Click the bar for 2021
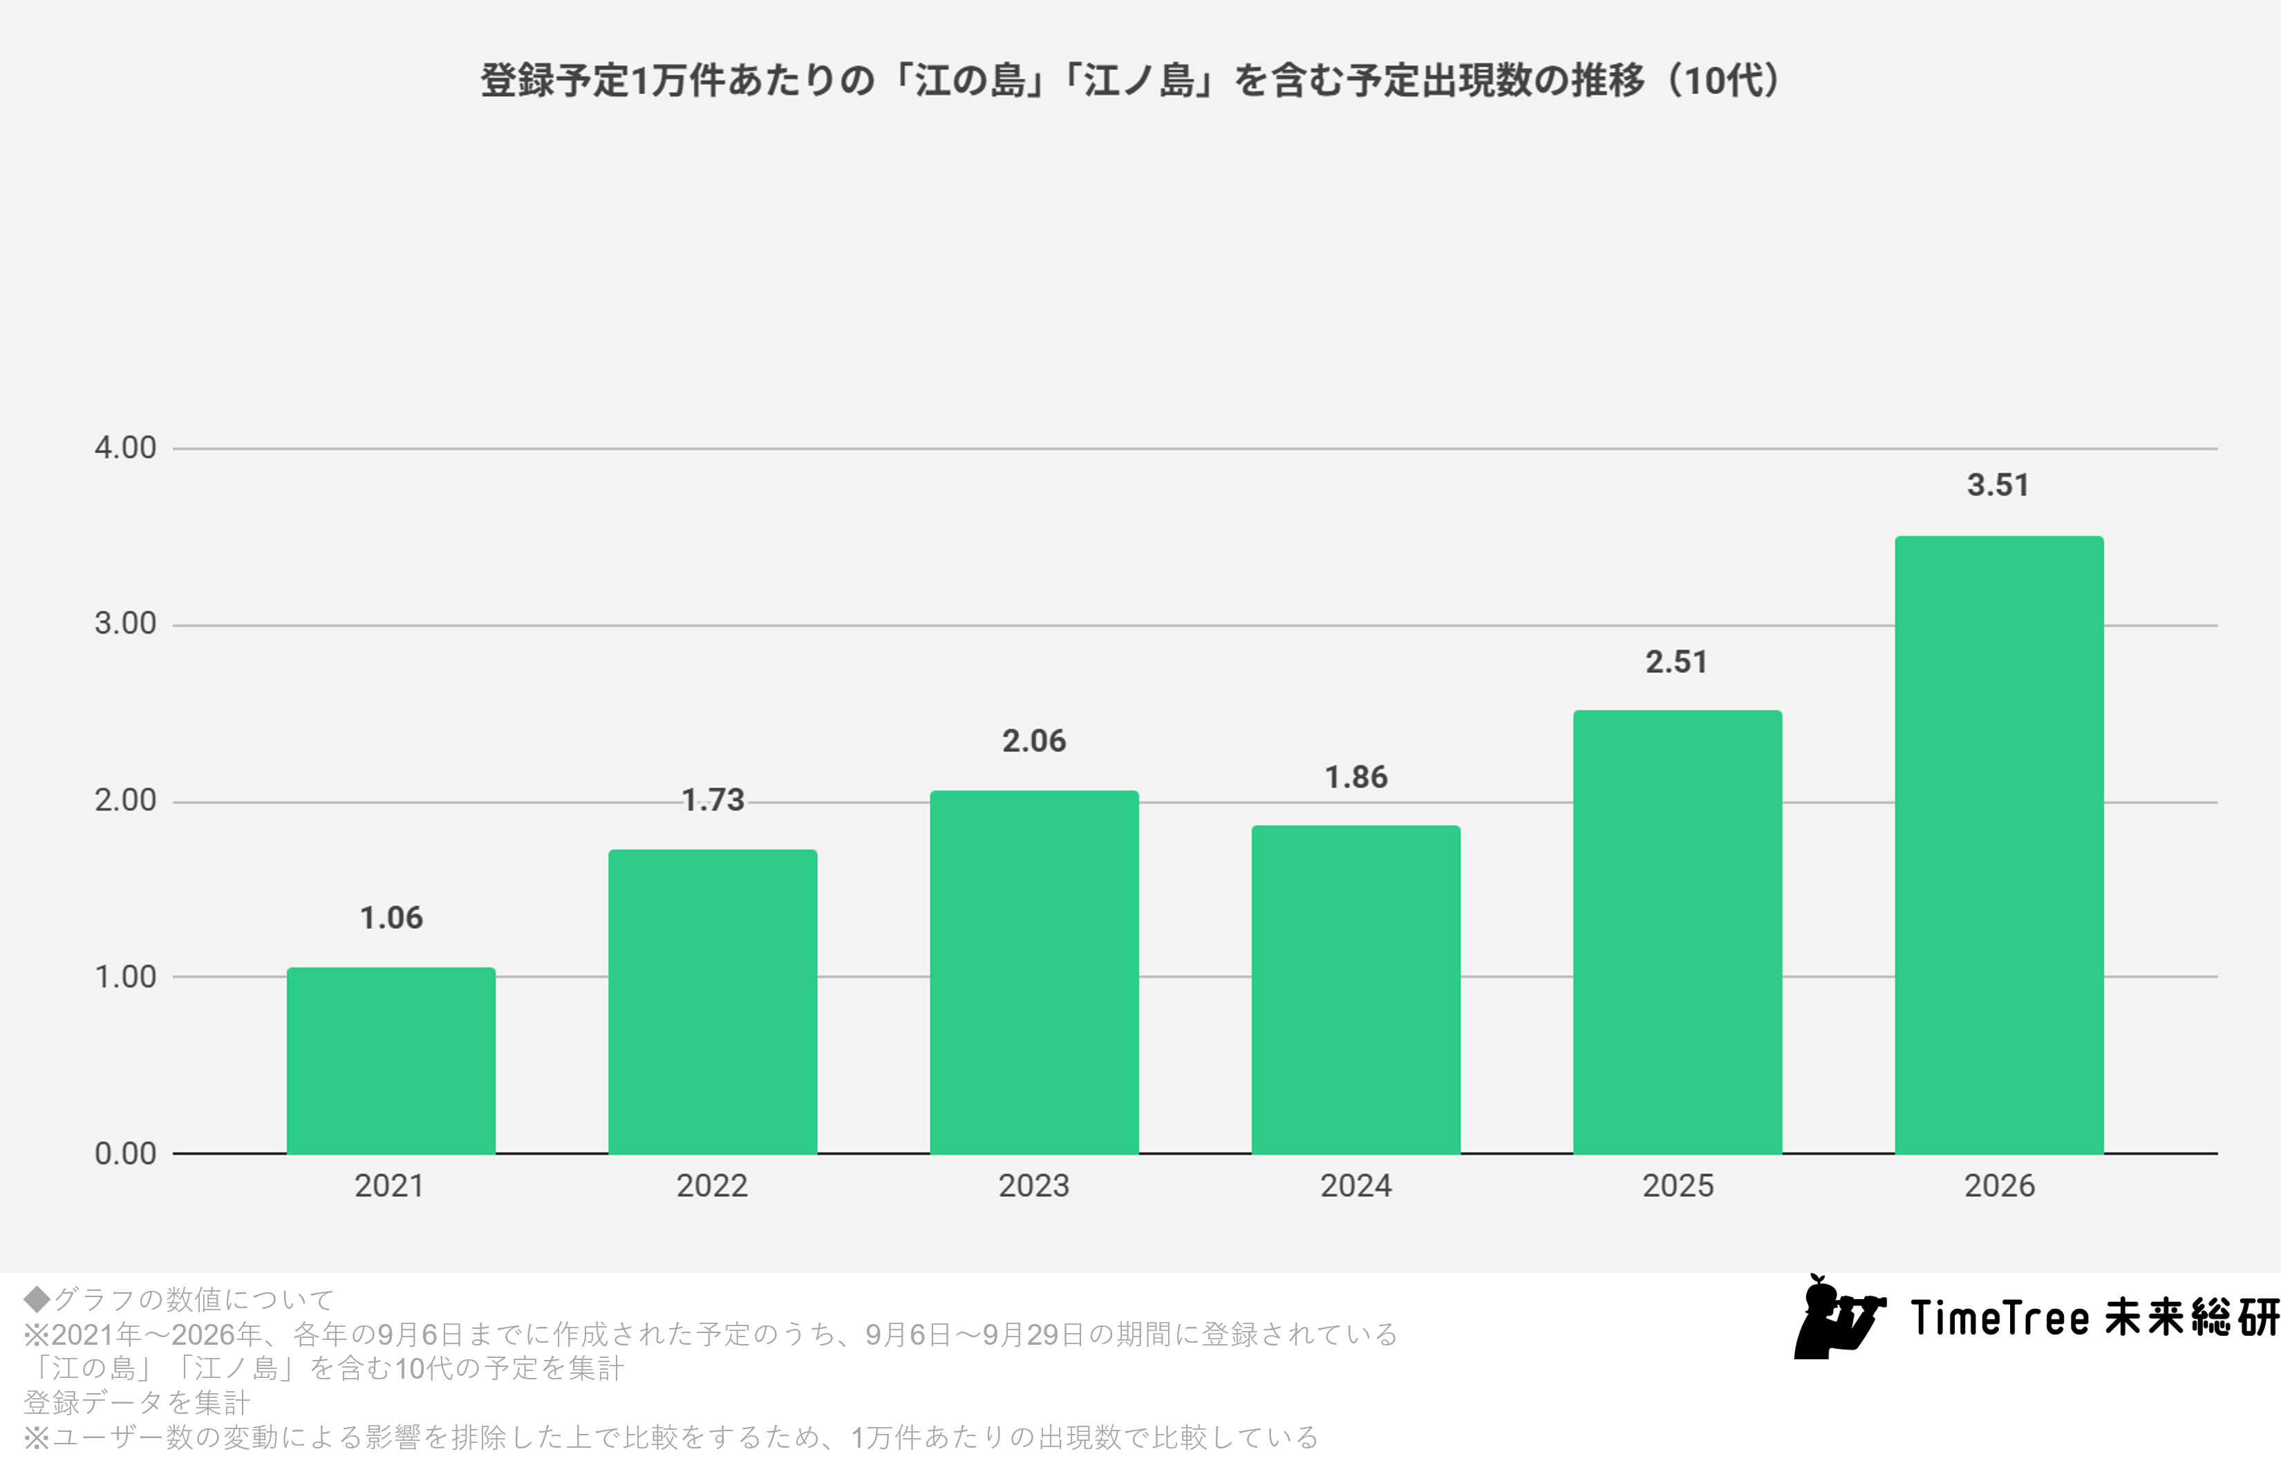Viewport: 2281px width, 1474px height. point(391,1061)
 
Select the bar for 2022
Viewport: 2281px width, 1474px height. point(713,1002)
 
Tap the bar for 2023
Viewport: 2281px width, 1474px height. point(1035,972)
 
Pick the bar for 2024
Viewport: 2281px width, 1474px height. point(1356,990)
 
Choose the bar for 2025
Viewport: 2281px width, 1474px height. point(1678,932)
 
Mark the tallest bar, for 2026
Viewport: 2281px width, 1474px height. point(2000,845)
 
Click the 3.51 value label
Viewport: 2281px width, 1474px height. point(1998,485)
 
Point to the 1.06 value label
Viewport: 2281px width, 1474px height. point(391,918)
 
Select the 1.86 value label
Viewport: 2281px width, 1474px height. point(1356,777)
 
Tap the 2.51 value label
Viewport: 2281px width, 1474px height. point(1677,661)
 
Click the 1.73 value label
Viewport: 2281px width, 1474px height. point(713,800)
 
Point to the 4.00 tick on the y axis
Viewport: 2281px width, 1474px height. point(125,448)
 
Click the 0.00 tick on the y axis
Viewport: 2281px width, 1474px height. point(125,1153)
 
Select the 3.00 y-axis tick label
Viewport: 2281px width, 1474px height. point(125,624)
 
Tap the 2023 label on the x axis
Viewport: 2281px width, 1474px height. point(1034,1186)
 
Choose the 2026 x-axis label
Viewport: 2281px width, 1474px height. point(2000,1186)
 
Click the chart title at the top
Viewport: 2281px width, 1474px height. point(1130,80)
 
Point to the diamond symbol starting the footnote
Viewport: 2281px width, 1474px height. point(37,1299)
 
